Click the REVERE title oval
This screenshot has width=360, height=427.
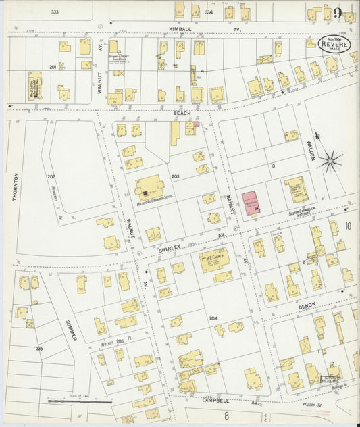334,45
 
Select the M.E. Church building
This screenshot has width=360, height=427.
214,259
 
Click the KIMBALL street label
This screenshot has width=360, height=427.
182,30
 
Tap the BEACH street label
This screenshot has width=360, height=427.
182,112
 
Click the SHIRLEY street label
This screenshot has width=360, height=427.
170,248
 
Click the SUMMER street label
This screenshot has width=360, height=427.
70,329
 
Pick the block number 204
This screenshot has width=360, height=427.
213,318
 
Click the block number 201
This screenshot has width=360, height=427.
52,67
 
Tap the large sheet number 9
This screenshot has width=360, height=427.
337,12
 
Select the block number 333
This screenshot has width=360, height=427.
55,12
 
